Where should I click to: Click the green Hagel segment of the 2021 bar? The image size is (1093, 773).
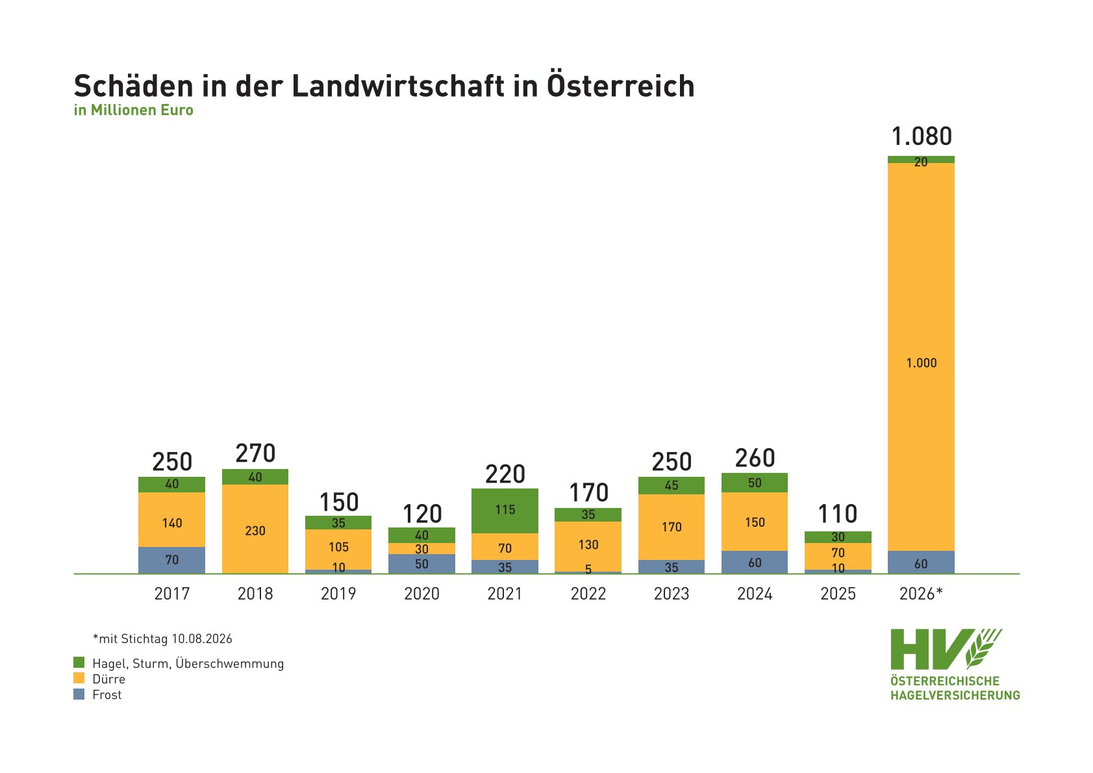point(505,511)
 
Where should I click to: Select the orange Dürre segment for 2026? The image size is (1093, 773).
point(921,357)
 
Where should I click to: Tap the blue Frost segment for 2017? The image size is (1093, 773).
point(171,560)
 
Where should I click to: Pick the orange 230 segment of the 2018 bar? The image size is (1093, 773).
point(255,529)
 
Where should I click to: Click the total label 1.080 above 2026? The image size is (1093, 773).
point(922,136)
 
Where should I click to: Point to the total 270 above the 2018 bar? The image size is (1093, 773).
point(255,453)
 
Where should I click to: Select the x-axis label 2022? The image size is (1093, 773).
point(588,594)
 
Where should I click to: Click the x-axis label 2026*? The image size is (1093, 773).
point(921,594)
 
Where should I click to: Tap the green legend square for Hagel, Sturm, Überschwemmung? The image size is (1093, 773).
point(79,662)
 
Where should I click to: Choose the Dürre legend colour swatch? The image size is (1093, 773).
point(79,678)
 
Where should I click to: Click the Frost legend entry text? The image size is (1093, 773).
point(107,694)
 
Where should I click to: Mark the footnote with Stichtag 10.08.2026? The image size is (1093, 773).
point(162,639)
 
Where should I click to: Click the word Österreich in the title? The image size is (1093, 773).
point(621,85)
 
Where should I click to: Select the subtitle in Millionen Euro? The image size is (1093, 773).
point(134,110)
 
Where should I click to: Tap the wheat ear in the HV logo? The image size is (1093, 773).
point(983,648)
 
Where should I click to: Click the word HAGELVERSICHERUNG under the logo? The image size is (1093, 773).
point(955,695)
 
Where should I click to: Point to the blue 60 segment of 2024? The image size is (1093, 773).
point(755,562)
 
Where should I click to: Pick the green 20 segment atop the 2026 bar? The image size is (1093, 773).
point(921,160)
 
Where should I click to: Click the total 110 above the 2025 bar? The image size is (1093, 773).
point(838,514)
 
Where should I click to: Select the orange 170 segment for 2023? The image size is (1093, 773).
point(672,527)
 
